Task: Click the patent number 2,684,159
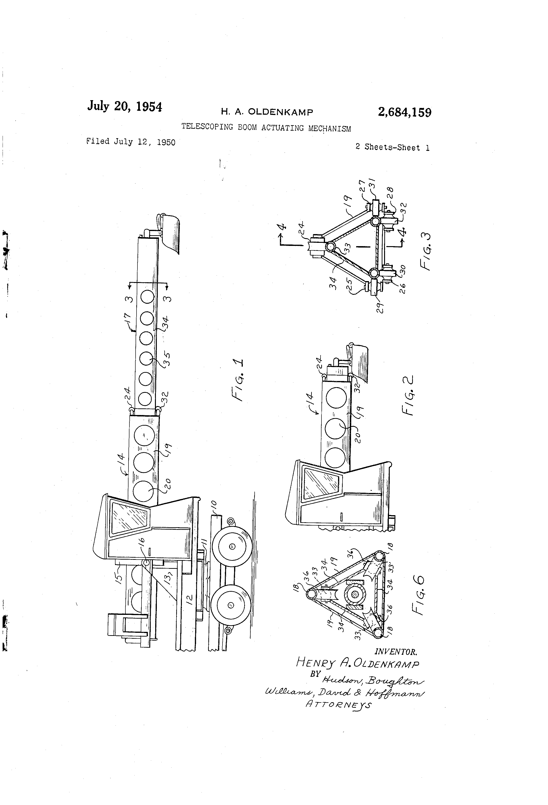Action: pyautogui.click(x=405, y=113)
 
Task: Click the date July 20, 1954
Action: pyautogui.click(x=124, y=106)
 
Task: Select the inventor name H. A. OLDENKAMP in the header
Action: pyautogui.click(x=267, y=112)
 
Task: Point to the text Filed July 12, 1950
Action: pyautogui.click(x=131, y=142)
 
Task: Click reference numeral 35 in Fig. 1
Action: pyautogui.click(x=166, y=359)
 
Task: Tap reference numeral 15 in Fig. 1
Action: pyautogui.click(x=119, y=577)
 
